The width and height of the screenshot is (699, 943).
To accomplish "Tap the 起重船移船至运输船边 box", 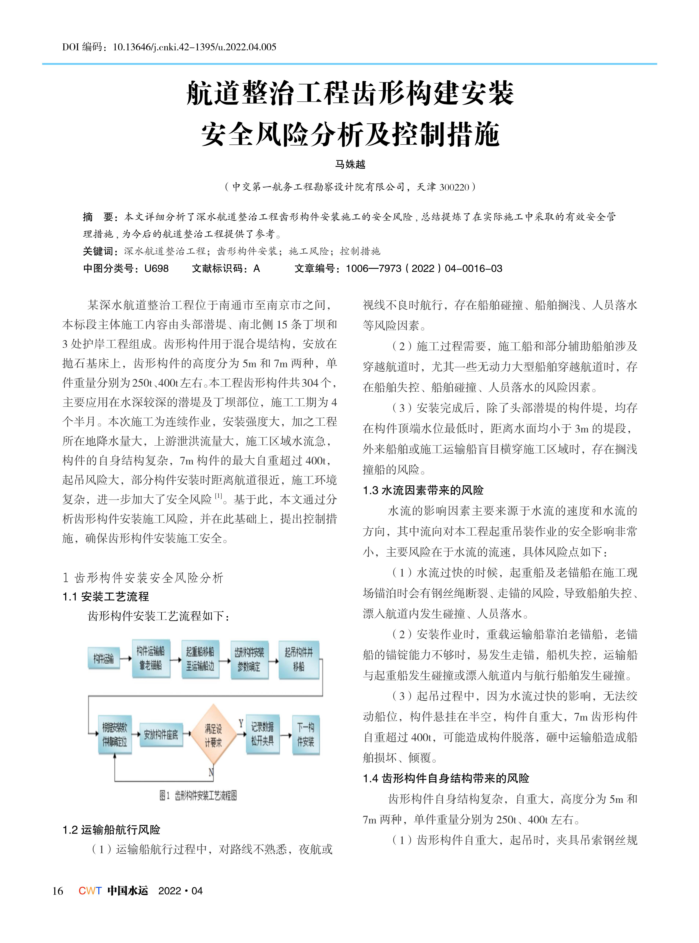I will click(200, 659).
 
